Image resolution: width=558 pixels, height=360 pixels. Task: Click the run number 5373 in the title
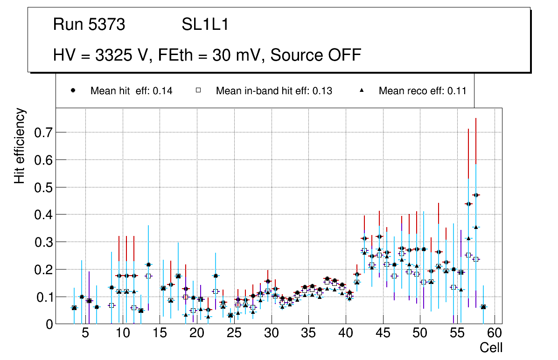click(107, 25)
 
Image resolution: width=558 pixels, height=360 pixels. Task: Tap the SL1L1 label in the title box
click(205, 25)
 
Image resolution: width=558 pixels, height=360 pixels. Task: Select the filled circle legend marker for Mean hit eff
click(73, 90)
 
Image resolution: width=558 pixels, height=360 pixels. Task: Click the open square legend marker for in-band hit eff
click(198, 90)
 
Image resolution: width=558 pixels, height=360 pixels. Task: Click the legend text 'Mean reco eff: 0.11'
click(422, 91)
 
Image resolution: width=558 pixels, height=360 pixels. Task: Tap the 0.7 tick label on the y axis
click(43, 132)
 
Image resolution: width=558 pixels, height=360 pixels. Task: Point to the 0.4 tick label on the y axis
click(43, 215)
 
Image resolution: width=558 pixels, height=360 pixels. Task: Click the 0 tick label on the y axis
click(49, 324)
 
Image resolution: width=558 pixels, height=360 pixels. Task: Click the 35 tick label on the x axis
click(308, 334)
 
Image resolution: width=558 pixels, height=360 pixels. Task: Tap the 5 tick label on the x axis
click(85, 334)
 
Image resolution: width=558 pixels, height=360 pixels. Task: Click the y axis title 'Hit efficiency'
click(20, 146)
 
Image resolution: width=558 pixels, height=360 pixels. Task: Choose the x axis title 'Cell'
click(491, 347)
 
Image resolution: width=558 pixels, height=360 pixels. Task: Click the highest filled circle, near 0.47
click(476, 195)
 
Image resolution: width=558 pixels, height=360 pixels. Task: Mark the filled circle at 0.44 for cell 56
click(468, 204)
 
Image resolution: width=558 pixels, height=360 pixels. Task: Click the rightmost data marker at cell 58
click(483, 307)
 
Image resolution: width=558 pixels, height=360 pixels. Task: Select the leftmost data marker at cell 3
click(74, 308)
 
